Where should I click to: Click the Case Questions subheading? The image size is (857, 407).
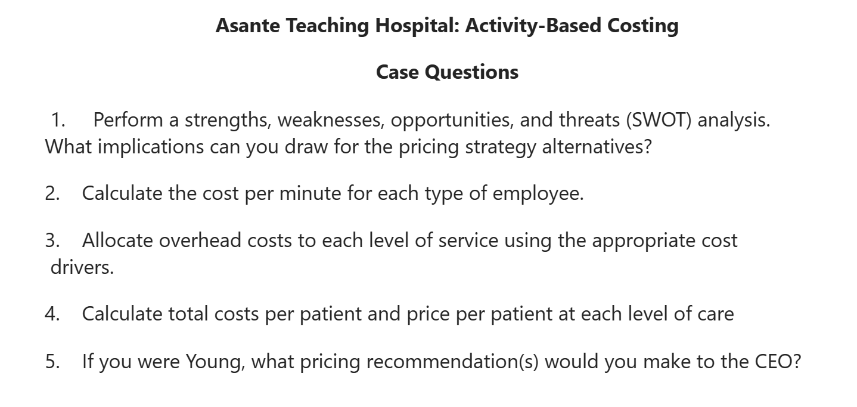(x=447, y=72)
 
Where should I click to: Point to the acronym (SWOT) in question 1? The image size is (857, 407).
(x=657, y=120)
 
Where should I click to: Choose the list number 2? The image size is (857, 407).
(x=51, y=193)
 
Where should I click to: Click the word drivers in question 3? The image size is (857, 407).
(x=82, y=267)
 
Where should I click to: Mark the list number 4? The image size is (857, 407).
(x=51, y=313)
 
